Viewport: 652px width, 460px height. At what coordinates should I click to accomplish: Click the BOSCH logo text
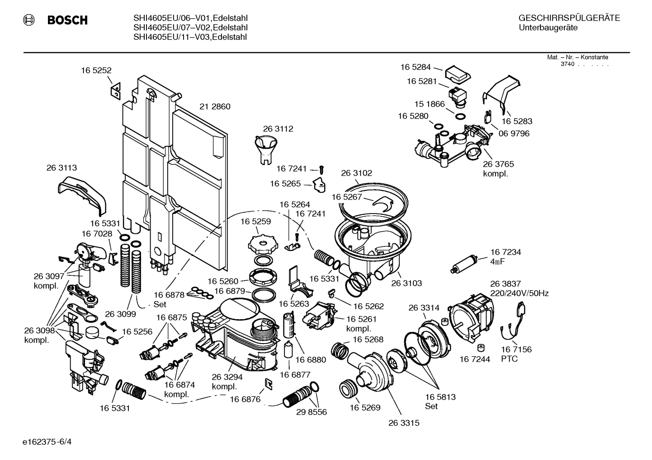[x=67, y=20]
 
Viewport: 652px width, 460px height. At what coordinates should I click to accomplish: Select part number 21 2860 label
[x=215, y=107]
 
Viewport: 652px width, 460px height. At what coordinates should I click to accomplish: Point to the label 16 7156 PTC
[x=516, y=354]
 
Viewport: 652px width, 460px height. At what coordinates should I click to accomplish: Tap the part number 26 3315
[x=404, y=423]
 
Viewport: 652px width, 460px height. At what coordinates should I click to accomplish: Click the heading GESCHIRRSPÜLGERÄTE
[x=569, y=18]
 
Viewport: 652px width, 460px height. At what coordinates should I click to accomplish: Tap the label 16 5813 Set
[x=440, y=401]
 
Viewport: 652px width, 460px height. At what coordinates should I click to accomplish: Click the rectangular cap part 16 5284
[x=458, y=74]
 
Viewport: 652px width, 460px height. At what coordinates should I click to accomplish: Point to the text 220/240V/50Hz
[x=519, y=293]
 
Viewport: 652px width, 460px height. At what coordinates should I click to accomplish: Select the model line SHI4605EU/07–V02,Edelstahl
[x=190, y=28]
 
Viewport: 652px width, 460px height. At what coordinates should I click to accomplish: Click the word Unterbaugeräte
[x=548, y=28]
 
